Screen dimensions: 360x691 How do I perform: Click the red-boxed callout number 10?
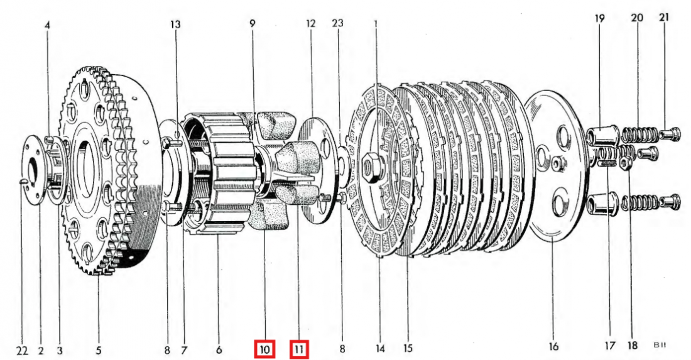(264, 349)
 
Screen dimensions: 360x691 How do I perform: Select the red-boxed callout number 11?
(300, 349)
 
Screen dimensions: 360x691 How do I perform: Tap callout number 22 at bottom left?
(22, 349)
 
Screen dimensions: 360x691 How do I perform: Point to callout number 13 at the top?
(175, 25)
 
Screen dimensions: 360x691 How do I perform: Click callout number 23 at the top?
(338, 24)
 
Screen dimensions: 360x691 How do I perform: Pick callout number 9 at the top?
(252, 24)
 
